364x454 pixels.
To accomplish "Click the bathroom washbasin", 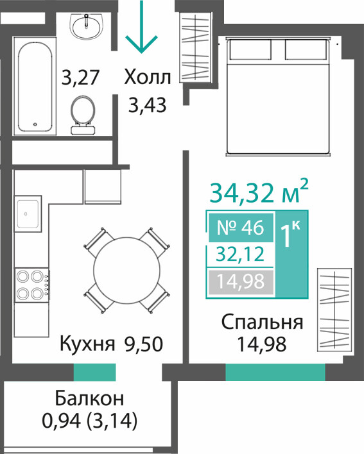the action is pyautogui.click(x=87, y=26).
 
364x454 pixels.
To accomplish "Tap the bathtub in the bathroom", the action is pyautogui.click(x=35, y=86).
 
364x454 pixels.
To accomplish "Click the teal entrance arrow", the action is pyautogui.click(x=141, y=27).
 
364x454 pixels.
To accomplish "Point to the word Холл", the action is pyautogui.click(x=148, y=78).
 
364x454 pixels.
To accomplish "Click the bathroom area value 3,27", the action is pyautogui.click(x=80, y=78).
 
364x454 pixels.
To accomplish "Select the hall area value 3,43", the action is pyautogui.click(x=148, y=105).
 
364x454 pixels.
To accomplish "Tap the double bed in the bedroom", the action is pyautogui.click(x=278, y=97).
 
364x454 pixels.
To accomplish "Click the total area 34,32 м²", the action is pyautogui.click(x=259, y=192).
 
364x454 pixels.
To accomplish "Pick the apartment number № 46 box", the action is pyautogui.click(x=241, y=227).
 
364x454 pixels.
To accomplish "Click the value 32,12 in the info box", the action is pyautogui.click(x=241, y=254).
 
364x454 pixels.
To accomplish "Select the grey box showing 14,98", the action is pyautogui.click(x=241, y=282).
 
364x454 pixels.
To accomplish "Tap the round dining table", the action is pyautogui.click(x=126, y=270).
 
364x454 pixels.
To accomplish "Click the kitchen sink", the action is pyautogui.click(x=28, y=214).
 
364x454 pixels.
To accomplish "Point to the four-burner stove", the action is pyautogui.click(x=32, y=285).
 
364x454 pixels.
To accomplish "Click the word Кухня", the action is pyautogui.click(x=87, y=344).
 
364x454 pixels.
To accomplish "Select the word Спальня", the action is pyautogui.click(x=263, y=322).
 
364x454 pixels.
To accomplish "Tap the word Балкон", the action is pyautogui.click(x=89, y=398).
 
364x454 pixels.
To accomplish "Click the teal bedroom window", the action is pyautogui.click(x=275, y=372).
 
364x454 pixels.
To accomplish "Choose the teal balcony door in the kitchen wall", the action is pyautogui.click(x=95, y=372).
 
